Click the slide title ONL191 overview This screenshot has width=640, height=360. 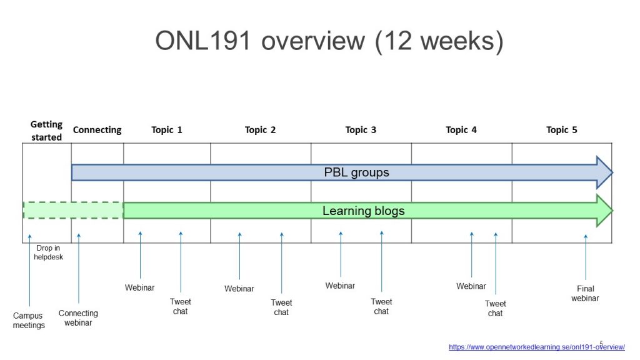point(329,42)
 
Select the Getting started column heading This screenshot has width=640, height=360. point(46,130)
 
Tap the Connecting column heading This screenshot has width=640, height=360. point(97,130)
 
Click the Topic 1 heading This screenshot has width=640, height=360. point(167,130)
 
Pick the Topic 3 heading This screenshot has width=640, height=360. point(361,130)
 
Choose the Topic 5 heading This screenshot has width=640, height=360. point(561,130)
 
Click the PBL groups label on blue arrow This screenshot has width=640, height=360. point(356,172)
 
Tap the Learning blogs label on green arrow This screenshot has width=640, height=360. point(363,211)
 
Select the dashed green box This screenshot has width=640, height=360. point(73,211)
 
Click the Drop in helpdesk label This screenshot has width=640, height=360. point(49,252)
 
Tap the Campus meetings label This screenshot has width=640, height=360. point(29,321)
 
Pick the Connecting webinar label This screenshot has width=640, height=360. point(78,318)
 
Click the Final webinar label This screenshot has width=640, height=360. point(585,293)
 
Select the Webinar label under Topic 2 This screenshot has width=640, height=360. point(239,289)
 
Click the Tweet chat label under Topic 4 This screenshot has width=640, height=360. point(495,309)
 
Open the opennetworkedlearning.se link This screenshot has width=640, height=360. point(536,347)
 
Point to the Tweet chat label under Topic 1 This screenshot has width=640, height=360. point(181,306)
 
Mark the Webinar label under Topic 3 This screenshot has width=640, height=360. point(340,286)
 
